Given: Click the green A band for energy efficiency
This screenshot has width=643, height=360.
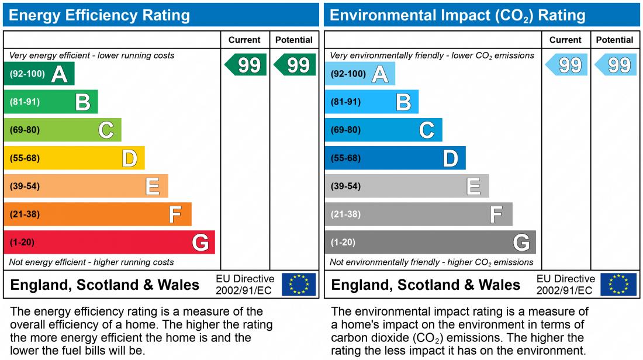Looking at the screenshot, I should click(x=39, y=74).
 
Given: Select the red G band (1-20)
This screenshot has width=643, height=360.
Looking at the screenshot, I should click(x=109, y=243).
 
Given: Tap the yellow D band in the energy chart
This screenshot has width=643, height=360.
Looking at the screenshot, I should click(x=74, y=158).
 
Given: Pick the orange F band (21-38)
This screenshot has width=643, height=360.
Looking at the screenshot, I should click(x=98, y=214).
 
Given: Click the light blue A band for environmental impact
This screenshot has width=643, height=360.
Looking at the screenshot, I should click(x=359, y=74).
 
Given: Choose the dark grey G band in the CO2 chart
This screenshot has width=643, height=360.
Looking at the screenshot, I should click(x=430, y=243).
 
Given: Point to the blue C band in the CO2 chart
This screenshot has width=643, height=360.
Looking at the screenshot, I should click(x=383, y=130).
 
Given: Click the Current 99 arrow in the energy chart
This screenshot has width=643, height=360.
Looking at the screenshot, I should click(x=246, y=65).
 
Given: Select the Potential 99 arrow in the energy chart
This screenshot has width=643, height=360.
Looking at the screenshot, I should click(x=295, y=65).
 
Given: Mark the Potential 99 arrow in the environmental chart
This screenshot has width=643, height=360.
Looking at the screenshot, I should click(x=616, y=65).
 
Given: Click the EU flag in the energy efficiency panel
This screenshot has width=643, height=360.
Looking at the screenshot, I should click(x=299, y=285).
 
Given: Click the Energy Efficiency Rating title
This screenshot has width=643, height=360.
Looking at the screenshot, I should click(x=99, y=15).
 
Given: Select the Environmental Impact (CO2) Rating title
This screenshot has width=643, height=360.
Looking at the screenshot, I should click(x=458, y=15).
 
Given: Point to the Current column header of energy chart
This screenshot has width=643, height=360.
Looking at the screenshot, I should click(x=244, y=40).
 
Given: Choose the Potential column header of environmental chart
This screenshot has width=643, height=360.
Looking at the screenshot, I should click(x=614, y=40).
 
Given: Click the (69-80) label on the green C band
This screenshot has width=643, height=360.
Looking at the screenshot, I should click(x=25, y=130).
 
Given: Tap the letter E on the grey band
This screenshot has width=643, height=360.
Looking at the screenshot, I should click(x=473, y=186).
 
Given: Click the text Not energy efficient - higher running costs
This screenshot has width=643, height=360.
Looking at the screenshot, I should click(x=92, y=262).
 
